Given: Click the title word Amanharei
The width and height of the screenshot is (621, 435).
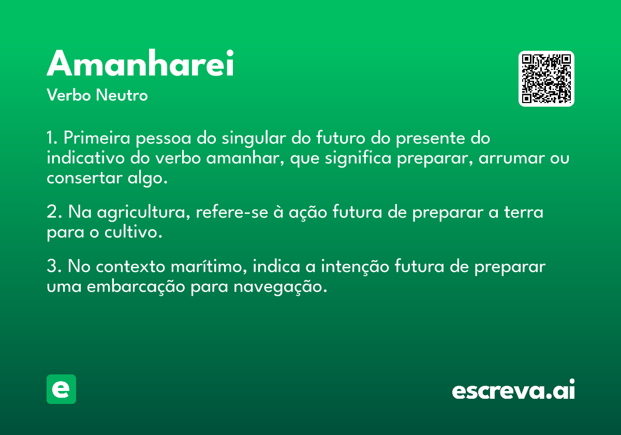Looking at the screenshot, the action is click(x=140, y=63).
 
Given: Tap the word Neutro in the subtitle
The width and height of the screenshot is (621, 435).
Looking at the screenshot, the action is click(x=122, y=95).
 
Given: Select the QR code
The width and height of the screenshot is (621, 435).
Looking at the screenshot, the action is click(x=546, y=79).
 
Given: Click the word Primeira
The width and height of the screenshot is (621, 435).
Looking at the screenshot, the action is click(x=97, y=138).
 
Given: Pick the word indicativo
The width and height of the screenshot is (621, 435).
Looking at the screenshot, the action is click(x=86, y=158).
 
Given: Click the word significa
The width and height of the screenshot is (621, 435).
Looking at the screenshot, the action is click(x=358, y=158).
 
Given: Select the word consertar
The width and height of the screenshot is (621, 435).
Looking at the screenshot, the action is click(x=84, y=178).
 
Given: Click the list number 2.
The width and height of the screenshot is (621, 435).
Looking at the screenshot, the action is click(x=54, y=212).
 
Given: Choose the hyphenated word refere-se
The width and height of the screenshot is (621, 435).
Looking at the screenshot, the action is click(x=232, y=212).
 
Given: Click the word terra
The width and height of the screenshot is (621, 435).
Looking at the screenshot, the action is click(x=523, y=212).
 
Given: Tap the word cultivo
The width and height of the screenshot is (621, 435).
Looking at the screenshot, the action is click(x=133, y=231).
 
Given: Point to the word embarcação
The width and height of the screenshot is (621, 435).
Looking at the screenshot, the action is click(x=136, y=287).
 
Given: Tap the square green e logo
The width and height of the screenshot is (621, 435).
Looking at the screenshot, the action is click(x=61, y=389).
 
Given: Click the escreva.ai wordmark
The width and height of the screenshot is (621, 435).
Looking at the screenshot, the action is click(x=513, y=389).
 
